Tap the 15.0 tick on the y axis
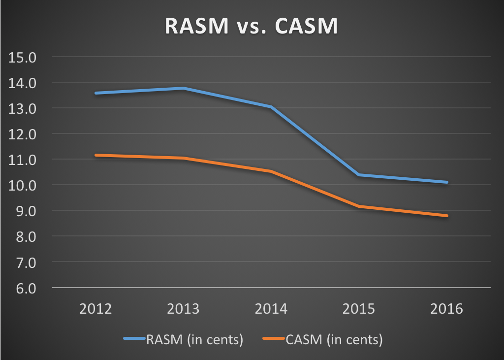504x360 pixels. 23,57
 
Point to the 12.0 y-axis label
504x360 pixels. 23,134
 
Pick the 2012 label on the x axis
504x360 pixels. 95,309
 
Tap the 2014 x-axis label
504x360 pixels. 271,309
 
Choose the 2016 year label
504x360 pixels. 447,309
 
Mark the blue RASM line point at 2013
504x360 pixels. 183,88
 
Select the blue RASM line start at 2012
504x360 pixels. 95,93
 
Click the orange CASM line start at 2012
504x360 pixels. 95,155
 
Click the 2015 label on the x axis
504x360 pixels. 359,309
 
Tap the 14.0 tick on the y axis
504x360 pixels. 23,83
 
